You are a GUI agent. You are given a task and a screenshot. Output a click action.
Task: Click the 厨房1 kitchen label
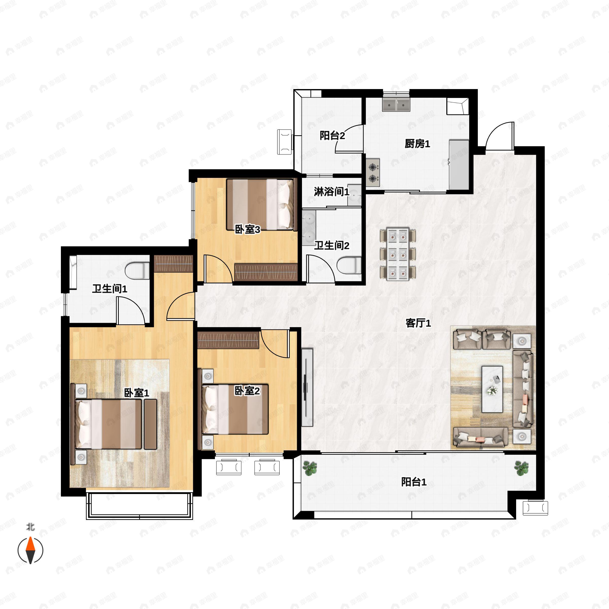pyautogui.click(x=417, y=144)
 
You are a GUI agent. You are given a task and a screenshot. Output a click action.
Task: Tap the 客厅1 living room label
pyautogui.click(x=418, y=323)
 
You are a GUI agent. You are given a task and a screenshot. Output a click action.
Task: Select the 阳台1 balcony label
pyautogui.click(x=414, y=482)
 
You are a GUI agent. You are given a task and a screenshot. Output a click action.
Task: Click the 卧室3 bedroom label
pyautogui.click(x=247, y=229)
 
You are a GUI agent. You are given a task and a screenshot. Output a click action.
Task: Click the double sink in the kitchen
pyautogui.click(x=396, y=104)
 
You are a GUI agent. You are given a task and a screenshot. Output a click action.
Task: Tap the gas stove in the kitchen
pyautogui.click(x=373, y=173)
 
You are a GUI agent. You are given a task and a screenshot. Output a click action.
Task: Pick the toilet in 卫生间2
pyautogui.click(x=349, y=265)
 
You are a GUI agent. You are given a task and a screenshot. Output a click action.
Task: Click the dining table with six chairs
pyautogui.click(x=398, y=254)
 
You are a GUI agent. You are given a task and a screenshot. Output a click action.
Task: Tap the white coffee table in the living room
pyautogui.click(x=492, y=389)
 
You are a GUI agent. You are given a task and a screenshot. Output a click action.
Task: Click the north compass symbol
pyautogui.click(x=30, y=551)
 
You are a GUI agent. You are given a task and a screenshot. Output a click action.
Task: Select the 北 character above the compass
pyautogui.click(x=30, y=527)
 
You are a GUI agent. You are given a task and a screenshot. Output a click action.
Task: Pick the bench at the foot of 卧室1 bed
pyautogui.click(x=150, y=424)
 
